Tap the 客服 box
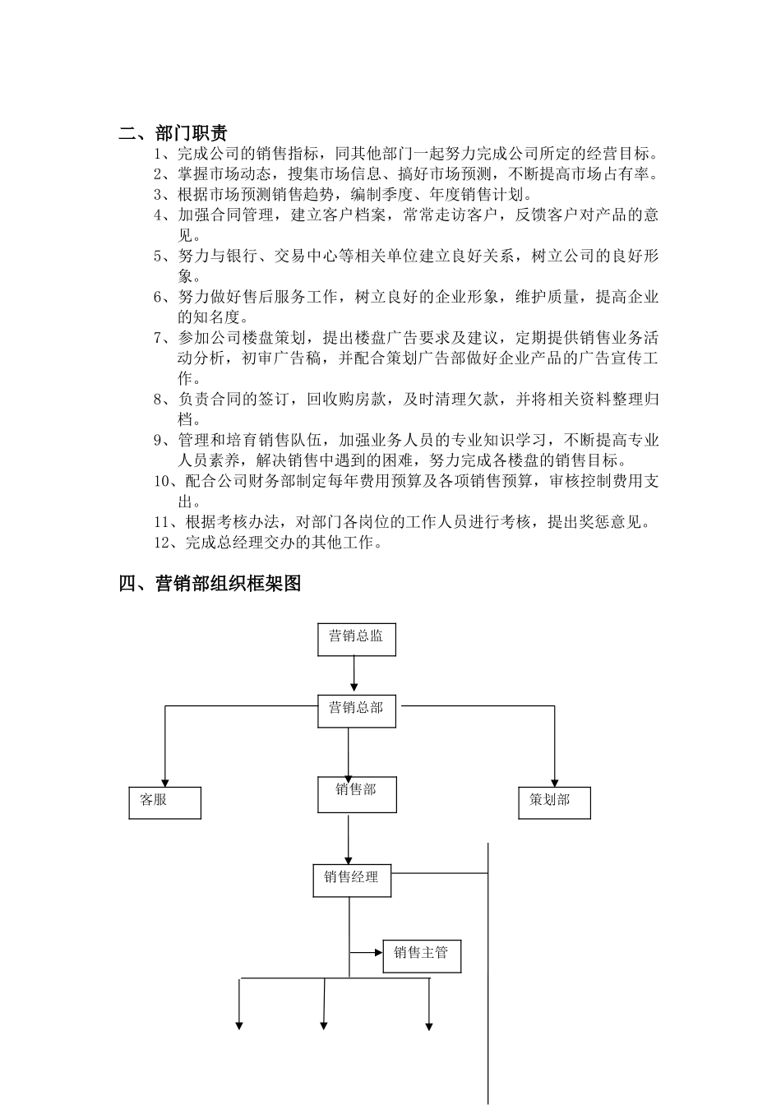tap(164, 802)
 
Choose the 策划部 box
tap(554, 802)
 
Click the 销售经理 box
tap(351, 880)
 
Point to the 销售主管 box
tap(421, 955)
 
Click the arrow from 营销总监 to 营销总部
tap(354, 675)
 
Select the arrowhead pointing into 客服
tap(165, 782)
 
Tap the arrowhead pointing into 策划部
tap(555, 782)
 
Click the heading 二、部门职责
tap(173, 133)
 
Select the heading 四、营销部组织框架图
tap(210, 584)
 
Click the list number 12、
tap(168, 543)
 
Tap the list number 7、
tap(164, 338)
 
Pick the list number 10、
tap(168, 481)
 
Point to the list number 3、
tap(164, 195)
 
